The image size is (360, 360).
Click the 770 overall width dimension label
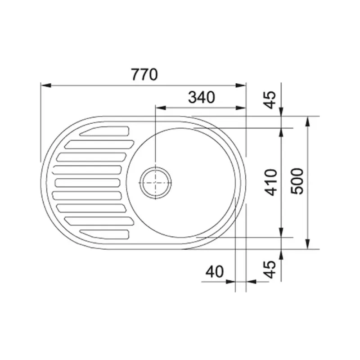coord(144,74)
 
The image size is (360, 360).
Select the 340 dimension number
coord(202,97)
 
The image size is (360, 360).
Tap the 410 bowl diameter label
coord(271,183)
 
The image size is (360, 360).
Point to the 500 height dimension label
coord(297,181)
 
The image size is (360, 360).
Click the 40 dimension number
coord(215,272)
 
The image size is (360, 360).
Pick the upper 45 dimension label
coord(269,100)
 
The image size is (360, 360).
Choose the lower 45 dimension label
coord(269,269)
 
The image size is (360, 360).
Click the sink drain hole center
coord(156,183)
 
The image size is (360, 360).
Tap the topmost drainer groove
coord(104,131)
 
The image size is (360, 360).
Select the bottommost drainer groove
coord(104,234)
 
